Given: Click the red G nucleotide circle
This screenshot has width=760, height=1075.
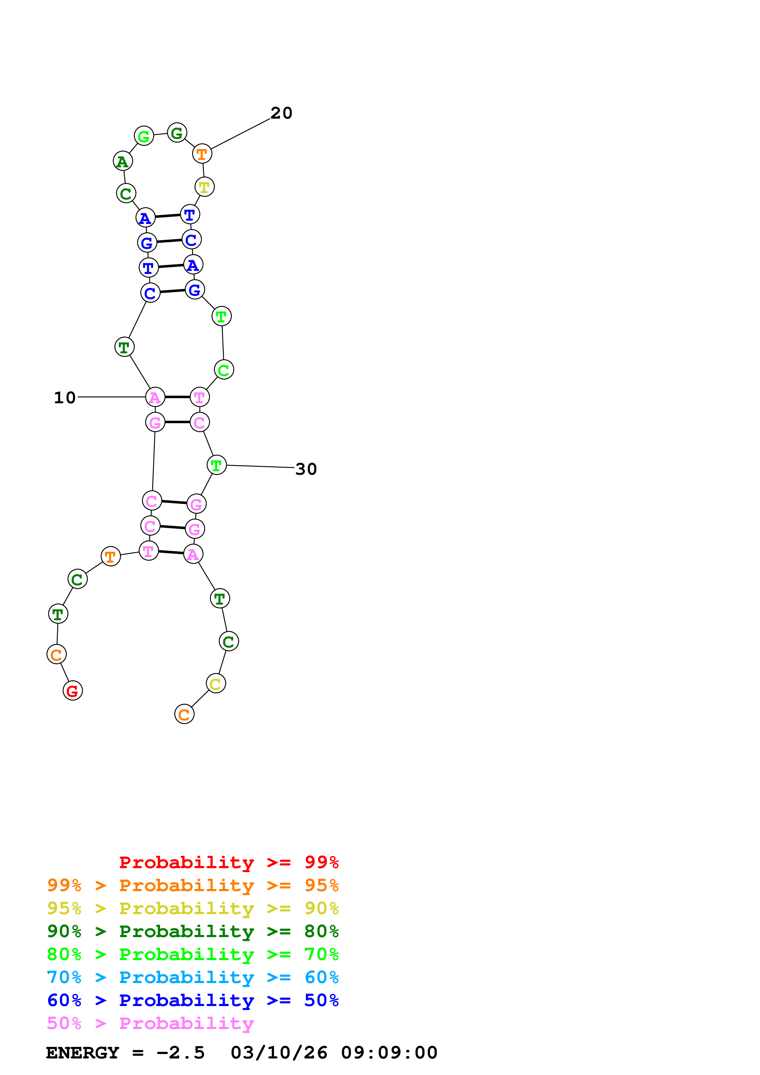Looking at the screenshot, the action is tap(73, 691).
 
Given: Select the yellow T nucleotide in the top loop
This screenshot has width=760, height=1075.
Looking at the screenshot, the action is tap(204, 187).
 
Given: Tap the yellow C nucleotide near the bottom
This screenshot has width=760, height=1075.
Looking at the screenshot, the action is tap(216, 684).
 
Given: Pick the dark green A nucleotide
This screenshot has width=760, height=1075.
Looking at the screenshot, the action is tap(123, 161).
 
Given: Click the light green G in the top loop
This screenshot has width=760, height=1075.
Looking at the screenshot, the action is tap(144, 136).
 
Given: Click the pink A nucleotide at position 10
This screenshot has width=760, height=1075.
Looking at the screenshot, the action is tap(155, 397).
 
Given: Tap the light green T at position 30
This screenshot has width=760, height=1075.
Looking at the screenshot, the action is tap(216, 465).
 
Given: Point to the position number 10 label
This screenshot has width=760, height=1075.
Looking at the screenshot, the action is tap(65, 397).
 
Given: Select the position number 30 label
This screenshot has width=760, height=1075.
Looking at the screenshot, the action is tap(306, 469).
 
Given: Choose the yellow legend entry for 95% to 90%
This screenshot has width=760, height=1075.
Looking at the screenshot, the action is tap(193, 908).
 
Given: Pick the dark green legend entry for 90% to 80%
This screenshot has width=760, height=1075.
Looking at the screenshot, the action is tap(193, 931).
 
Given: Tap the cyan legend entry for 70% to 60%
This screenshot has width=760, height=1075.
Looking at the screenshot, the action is tap(193, 977).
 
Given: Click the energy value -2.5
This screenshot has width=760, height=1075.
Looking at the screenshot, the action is tap(181, 1053).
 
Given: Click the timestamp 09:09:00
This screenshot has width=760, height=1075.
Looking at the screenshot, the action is tap(389, 1053).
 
